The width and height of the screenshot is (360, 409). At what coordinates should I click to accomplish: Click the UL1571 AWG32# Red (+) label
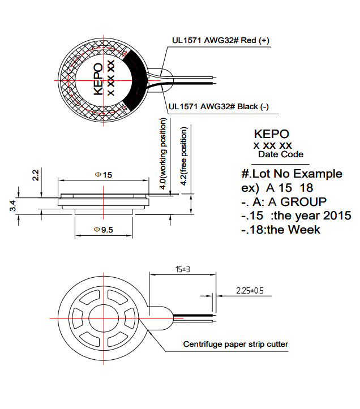[221, 41]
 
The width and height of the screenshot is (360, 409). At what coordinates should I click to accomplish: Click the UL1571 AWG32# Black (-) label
[218, 106]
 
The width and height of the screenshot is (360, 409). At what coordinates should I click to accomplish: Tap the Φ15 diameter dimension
[104, 175]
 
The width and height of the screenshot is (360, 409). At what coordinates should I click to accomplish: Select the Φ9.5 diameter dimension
[104, 230]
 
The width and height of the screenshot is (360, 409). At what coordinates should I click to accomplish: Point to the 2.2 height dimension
[35, 175]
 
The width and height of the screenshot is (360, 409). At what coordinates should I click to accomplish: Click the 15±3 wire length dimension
[182, 269]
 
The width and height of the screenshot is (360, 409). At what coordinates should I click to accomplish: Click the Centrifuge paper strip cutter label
[235, 344]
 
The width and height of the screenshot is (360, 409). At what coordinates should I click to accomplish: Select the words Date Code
[281, 154]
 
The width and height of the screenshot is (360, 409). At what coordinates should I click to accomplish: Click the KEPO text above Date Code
[272, 134]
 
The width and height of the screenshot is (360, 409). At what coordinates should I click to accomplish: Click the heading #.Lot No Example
[292, 173]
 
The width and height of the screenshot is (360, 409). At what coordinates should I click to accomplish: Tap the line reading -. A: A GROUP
[284, 201]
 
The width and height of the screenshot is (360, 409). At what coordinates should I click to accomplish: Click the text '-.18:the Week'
[281, 230]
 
